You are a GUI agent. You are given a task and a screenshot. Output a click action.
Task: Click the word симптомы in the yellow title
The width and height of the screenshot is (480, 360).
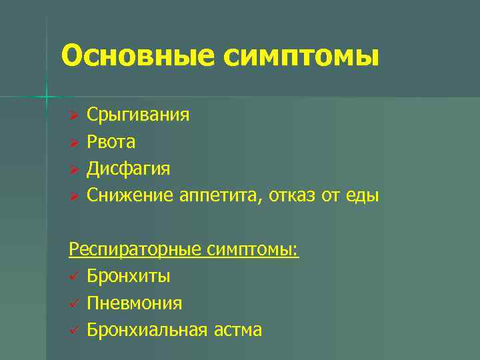pyautogui.click(x=301, y=57)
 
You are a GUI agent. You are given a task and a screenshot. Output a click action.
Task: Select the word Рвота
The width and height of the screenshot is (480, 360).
pyautogui.click(x=111, y=142)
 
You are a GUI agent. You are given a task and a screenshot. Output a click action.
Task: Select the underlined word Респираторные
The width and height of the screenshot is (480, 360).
pyautogui.click(x=135, y=250)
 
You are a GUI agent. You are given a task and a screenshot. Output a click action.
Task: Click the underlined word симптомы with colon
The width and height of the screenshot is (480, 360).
pyautogui.click(x=253, y=250)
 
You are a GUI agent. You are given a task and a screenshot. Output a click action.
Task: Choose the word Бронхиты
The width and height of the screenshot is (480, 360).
pyautogui.click(x=128, y=276)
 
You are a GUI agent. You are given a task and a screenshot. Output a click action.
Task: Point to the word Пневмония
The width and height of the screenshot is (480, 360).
pyautogui.click(x=134, y=303)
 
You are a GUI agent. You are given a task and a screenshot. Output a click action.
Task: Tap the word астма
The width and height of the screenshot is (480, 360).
pyautogui.click(x=238, y=329)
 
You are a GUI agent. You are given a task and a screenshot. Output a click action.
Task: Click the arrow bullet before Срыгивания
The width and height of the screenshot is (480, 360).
pyautogui.click(x=75, y=116)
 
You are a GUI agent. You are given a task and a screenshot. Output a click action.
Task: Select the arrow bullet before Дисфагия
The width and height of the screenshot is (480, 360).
pyautogui.click(x=75, y=169)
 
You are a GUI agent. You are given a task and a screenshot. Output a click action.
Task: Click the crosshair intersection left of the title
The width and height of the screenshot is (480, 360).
pyautogui.click(x=47, y=97)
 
